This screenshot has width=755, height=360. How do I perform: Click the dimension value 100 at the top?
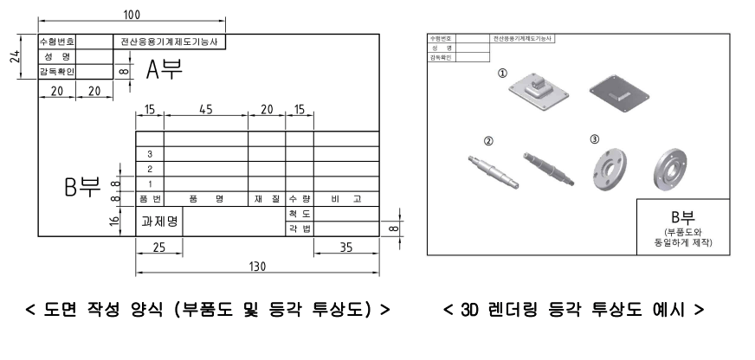pyautogui.click(x=132, y=15)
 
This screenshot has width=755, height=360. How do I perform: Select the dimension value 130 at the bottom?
pyautogui.click(x=257, y=267)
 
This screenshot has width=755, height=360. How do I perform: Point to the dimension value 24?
pyautogui.click(x=12, y=57)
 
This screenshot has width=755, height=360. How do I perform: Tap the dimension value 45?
pyautogui.click(x=205, y=110)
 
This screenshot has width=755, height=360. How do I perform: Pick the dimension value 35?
pyautogui.click(x=346, y=248)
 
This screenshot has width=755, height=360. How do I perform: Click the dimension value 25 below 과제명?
pyautogui.click(x=158, y=248)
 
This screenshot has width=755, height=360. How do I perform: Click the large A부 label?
pyautogui.click(x=164, y=70)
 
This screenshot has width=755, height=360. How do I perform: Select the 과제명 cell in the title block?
pyautogui.click(x=159, y=222)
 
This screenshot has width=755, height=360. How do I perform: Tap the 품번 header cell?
pyautogui.click(x=150, y=199)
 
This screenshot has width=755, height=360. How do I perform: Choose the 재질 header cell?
pyautogui.click(x=266, y=199)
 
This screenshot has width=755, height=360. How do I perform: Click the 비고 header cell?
pyautogui.click(x=345, y=199)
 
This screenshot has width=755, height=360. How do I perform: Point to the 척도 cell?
pyautogui.click(x=299, y=213)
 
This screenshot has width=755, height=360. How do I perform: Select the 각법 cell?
pyautogui.click(x=299, y=228)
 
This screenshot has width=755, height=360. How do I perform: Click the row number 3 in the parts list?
pyautogui.click(x=150, y=154)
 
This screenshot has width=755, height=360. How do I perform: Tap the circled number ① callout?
pyautogui.click(x=501, y=74)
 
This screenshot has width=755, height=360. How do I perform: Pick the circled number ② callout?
pyautogui.click(x=488, y=140)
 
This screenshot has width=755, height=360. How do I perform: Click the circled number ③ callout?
pyautogui.click(x=594, y=138)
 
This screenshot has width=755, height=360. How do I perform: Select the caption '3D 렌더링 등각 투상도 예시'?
pyautogui.click(x=573, y=310)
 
